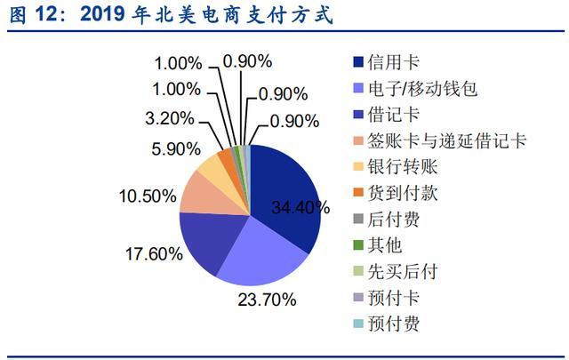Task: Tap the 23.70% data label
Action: tap(265, 300)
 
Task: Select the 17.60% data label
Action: tap(153, 253)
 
